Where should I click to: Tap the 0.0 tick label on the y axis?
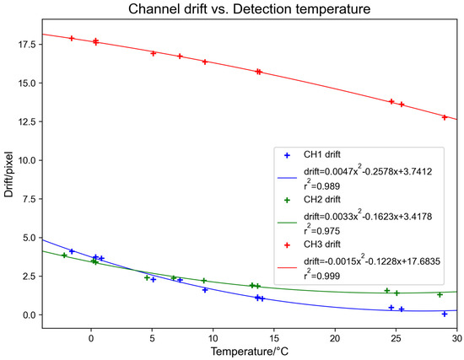tap(24, 315)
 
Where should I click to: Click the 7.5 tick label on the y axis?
tap(24, 199)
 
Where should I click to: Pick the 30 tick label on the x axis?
tap(456, 331)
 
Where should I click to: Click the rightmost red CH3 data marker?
tap(445, 117)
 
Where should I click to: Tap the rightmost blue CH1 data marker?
tap(445, 314)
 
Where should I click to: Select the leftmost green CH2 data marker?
tap(64, 255)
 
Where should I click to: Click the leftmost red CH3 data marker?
tap(72, 38)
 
